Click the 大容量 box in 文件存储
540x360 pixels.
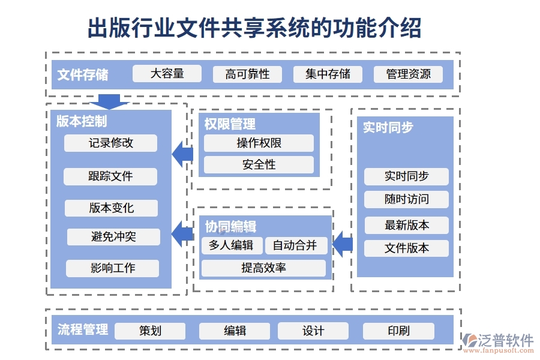(x=167, y=74)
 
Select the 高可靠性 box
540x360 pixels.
(x=247, y=74)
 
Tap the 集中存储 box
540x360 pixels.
(x=328, y=74)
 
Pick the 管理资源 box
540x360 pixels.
(x=408, y=74)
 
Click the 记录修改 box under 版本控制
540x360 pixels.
(x=111, y=143)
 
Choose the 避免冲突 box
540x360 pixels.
(x=113, y=237)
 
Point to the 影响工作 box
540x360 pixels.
(x=113, y=268)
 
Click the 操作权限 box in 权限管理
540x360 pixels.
(x=259, y=143)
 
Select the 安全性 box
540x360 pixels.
(x=259, y=165)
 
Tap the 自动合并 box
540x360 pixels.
(x=295, y=245)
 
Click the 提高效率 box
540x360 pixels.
(x=263, y=268)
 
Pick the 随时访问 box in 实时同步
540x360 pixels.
(x=406, y=199)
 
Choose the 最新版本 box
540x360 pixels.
(x=406, y=226)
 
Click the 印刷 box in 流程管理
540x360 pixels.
(x=398, y=331)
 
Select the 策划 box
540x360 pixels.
(x=150, y=331)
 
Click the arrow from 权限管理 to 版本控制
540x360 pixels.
(x=183, y=154)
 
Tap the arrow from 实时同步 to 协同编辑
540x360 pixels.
(x=343, y=244)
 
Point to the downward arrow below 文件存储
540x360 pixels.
(x=109, y=101)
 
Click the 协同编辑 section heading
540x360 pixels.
(x=230, y=227)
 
